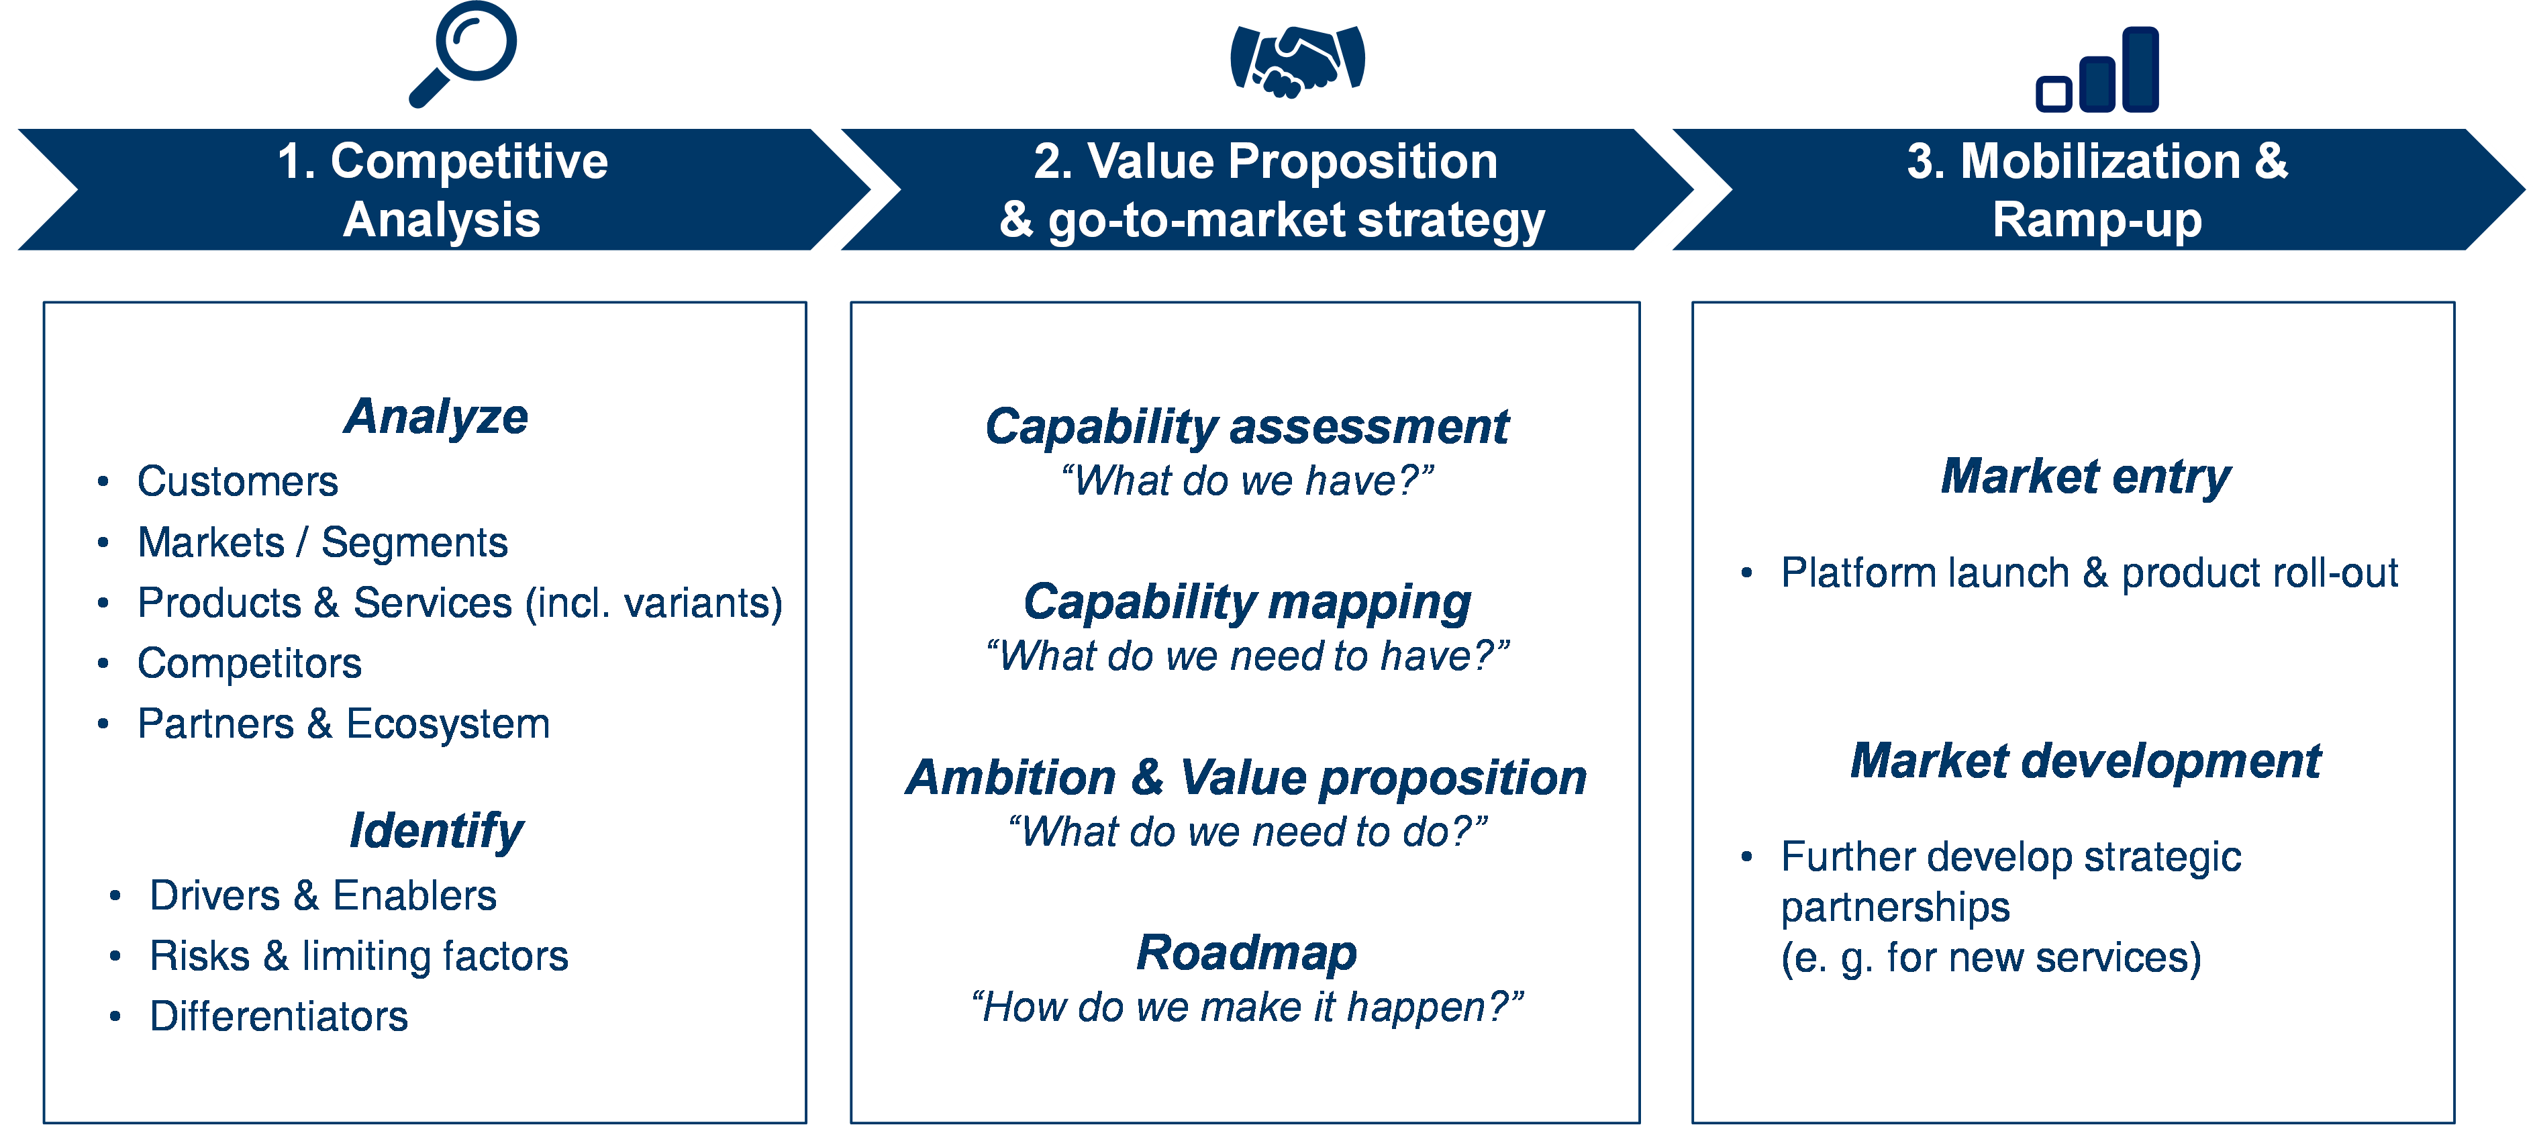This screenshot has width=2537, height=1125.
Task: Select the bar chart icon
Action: [x=2098, y=71]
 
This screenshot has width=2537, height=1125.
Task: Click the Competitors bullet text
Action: [x=249, y=663]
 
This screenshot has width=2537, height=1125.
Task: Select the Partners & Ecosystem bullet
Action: [x=343, y=724]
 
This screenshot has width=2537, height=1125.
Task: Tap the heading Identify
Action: [x=436, y=830]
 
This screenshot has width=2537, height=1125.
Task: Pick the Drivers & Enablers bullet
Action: [x=323, y=895]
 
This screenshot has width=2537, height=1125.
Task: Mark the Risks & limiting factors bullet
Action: [x=358, y=956]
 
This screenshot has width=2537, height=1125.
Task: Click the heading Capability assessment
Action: [x=1247, y=426]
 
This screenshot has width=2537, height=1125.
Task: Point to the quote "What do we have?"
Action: [x=1247, y=481]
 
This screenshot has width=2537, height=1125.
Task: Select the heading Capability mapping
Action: [x=1247, y=602]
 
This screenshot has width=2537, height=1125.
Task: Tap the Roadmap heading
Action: [x=1247, y=952]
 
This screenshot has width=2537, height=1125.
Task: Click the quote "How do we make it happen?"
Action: [x=1247, y=1008]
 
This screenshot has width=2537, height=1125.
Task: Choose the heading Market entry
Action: [x=2085, y=477]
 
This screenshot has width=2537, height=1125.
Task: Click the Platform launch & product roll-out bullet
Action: [x=2089, y=573]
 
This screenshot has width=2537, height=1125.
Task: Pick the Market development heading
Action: [x=2085, y=761]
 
